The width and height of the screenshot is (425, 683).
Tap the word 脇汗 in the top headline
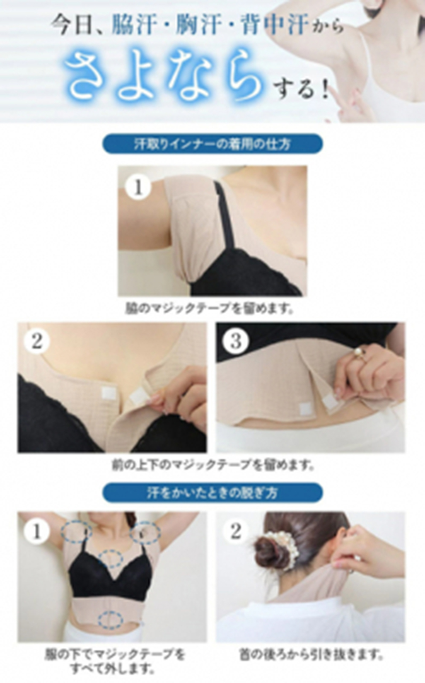tap(134, 25)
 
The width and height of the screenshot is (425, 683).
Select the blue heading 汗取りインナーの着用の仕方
tap(212, 144)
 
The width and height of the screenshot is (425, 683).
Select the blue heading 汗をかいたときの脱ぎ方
tap(212, 492)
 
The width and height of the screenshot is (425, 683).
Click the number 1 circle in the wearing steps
tap(138, 187)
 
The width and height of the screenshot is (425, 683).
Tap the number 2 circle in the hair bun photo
tap(235, 531)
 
